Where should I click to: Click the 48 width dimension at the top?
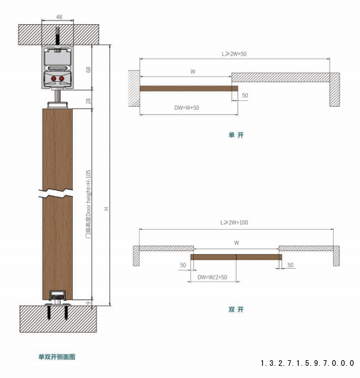pos(59,17)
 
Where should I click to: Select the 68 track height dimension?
pos(89,70)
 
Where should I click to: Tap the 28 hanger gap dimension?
pos(89,101)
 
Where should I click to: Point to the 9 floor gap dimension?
pos(89,303)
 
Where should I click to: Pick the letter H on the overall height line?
pos(106,209)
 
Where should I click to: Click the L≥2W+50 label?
pos(234,54)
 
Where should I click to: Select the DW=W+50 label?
pos(187,108)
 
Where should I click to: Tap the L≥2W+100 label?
pos(234,222)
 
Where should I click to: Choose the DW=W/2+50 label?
pos(213,277)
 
